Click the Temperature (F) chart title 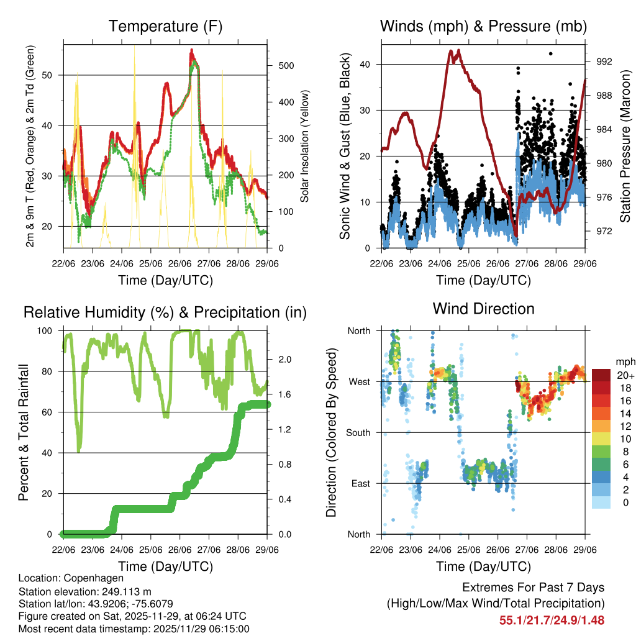(x=165, y=27)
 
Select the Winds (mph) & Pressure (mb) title (x=483, y=27)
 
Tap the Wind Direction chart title (x=483, y=309)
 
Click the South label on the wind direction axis (x=358, y=432)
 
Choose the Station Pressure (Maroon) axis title (x=625, y=145)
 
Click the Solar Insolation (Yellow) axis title (x=304, y=146)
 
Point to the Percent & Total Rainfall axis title (x=23, y=433)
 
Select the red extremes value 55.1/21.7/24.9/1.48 (x=552, y=620)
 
